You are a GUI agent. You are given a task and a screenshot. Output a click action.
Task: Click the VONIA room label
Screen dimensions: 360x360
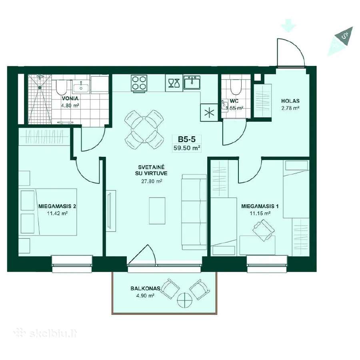click(x=70, y=98)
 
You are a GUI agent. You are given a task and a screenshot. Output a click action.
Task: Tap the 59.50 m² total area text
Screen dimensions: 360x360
click(x=187, y=148)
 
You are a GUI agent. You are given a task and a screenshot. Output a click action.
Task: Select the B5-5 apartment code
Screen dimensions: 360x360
click(x=187, y=139)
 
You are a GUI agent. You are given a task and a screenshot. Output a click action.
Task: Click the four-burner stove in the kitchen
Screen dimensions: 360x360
click(x=139, y=83)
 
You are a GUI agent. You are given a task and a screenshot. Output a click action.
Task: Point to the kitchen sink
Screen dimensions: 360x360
click(x=192, y=82)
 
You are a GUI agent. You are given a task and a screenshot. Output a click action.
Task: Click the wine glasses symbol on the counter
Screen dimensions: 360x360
click(x=174, y=83)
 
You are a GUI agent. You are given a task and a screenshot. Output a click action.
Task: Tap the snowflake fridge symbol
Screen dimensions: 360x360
click(x=209, y=112)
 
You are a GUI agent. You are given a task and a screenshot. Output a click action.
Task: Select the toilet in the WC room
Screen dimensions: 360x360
click(x=236, y=88)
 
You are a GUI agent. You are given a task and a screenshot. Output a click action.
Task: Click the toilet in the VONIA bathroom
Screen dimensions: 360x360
click(x=61, y=88)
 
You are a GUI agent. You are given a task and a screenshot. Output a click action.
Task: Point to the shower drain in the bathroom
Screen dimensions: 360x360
click(x=40, y=87)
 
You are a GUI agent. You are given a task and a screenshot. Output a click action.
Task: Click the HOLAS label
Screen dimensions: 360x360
click(x=290, y=101)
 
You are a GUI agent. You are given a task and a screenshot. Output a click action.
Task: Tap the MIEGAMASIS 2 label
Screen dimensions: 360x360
click(x=57, y=206)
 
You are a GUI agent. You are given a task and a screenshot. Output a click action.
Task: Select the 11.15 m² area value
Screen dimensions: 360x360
click(x=260, y=213)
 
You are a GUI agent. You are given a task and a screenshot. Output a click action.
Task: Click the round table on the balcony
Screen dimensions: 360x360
click(x=185, y=300)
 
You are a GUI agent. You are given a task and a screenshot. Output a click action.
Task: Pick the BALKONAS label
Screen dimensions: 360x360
click(x=145, y=288)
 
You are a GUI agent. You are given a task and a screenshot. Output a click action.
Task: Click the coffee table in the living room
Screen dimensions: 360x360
click(x=157, y=211)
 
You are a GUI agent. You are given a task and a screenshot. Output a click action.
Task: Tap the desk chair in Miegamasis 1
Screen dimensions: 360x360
click(x=263, y=230)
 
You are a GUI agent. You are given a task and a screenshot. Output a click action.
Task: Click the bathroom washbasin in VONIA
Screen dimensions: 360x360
click(x=81, y=88)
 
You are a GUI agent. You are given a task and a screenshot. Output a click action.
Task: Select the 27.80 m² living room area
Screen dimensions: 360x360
click(x=152, y=181)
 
